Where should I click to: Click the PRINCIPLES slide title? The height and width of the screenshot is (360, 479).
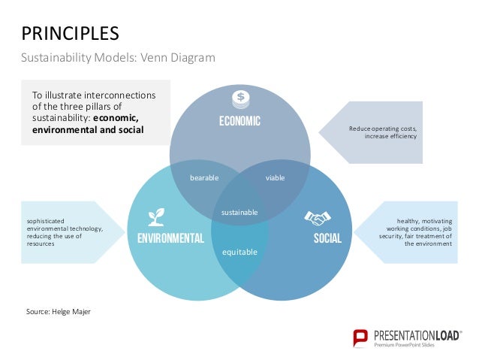pyautogui.click(x=70, y=33)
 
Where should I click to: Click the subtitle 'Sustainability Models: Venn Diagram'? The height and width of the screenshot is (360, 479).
pyautogui.click(x=117, y=58)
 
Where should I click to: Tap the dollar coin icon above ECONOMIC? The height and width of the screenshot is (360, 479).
pyautogui.click(x=239, y=97)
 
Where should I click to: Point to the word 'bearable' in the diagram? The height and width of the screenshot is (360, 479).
pyautogui.click(x=203, y=178)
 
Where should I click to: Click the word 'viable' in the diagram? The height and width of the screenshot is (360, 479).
pyautogui.click(x=276, y=178)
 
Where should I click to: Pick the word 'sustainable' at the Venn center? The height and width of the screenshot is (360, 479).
pyautogui.click(x=239, y=213)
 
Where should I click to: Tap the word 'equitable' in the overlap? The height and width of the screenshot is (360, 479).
pyautogui.click(x=239, y=252)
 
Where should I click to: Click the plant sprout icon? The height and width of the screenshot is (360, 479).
pyautogui.click(x=156, y=217)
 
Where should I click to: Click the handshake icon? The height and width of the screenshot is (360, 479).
pyautogui.click(x=318, y=218)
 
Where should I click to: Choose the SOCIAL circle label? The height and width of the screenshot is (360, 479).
pyautogui.click(x=327, y=239)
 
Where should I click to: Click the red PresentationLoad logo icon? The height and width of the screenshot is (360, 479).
pyautogui.click(x=361, y=337)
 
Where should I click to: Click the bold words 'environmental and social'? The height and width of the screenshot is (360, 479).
pyautogui.click(x=88, y=130)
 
